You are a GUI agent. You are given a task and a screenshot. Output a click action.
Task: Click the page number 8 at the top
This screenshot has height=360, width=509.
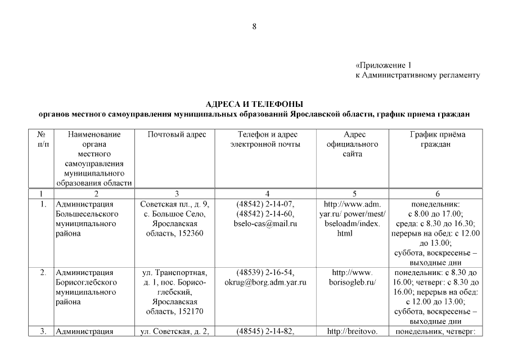pos(255,26)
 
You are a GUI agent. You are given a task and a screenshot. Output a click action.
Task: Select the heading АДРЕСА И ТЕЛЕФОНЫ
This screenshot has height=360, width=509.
pos(254,104)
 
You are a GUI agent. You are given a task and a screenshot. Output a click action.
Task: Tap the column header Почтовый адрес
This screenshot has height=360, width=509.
pos(177,135)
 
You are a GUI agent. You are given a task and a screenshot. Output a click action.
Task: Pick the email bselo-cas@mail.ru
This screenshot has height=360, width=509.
pos(265,224)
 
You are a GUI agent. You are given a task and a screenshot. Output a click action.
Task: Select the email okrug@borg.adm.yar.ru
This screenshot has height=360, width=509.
pos(265,282)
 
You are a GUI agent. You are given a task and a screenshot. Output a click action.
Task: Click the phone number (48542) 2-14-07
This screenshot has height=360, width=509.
pos(265,204)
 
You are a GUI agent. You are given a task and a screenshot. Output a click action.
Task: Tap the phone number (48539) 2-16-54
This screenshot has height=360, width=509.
pos(265,272)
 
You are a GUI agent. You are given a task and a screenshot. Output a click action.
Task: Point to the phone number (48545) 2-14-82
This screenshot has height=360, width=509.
pos(265,331)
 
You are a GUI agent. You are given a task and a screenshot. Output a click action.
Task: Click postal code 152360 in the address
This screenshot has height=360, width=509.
pos(191,233)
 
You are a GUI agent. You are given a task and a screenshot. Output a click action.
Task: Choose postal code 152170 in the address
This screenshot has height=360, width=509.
pos(191,311)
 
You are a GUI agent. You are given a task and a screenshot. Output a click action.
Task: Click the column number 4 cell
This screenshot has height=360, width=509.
pos(265,193)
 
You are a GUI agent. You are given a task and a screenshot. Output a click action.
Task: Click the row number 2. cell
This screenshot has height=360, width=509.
pos(43,273)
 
